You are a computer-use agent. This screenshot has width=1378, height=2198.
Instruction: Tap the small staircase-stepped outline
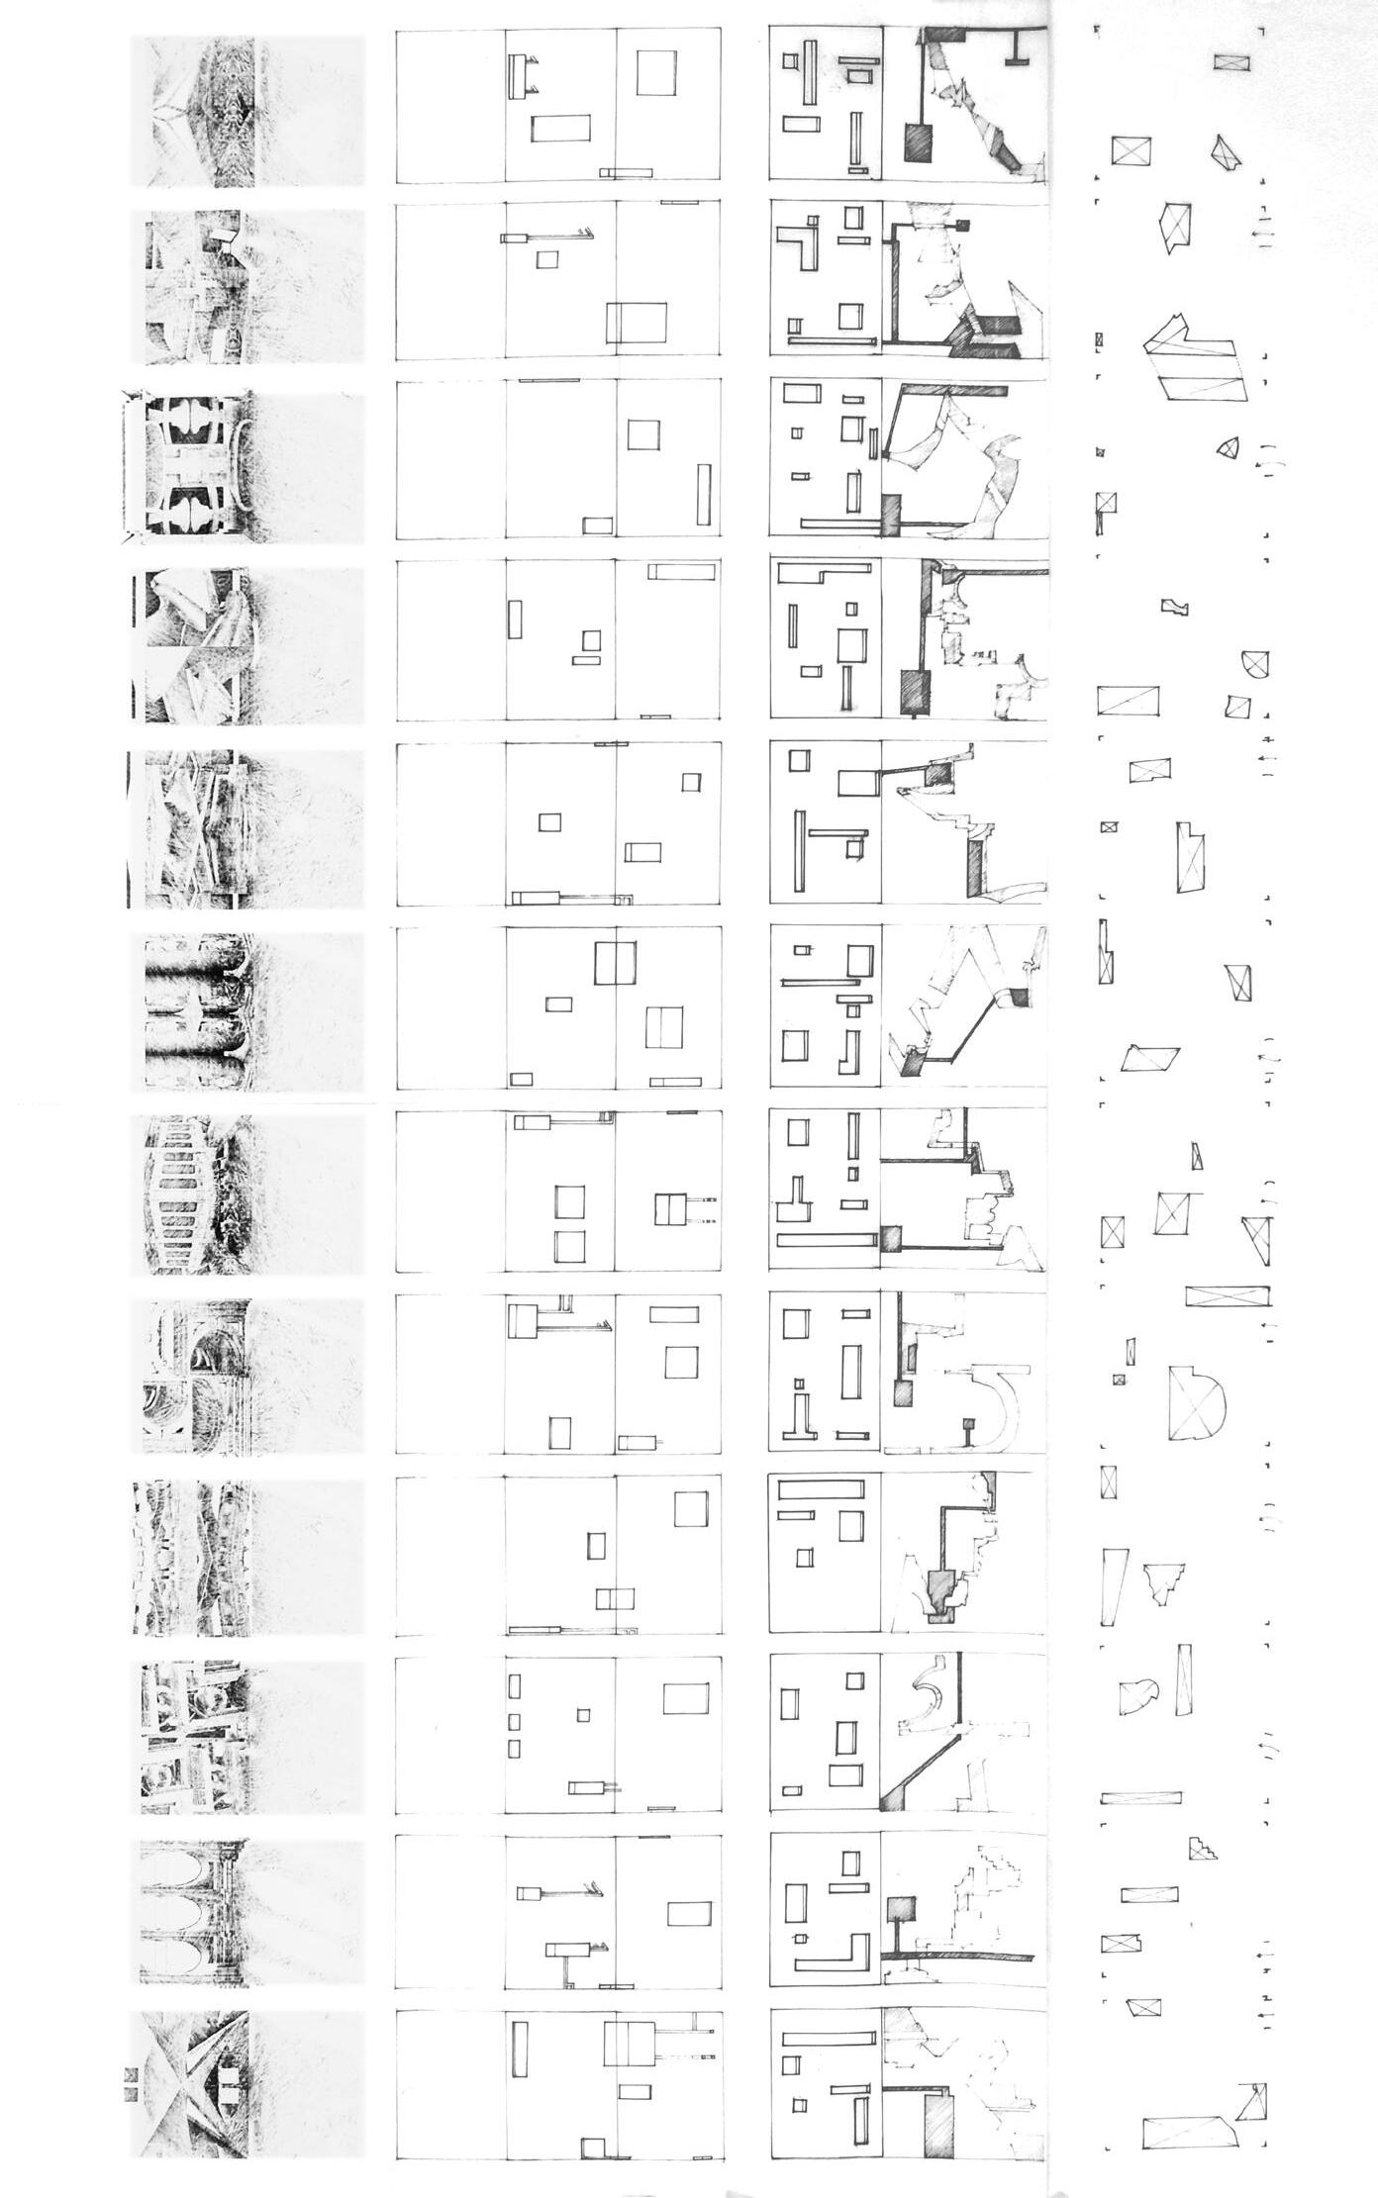pos(1203,1846)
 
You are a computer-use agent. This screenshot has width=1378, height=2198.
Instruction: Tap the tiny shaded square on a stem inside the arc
pos(970,1426)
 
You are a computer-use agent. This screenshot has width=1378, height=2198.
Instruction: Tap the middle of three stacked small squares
pos(514,1722)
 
